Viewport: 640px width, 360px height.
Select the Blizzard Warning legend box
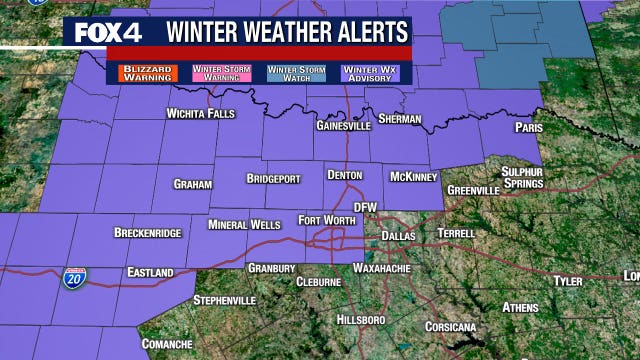[x=147, y=73]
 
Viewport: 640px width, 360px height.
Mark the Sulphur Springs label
[x=522, y=177]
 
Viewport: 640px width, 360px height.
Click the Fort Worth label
[x=325, y=220]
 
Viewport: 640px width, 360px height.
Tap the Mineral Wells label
[x=244, y=225]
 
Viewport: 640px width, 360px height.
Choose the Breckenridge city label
[x=147, y=233]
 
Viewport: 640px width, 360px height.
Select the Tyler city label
[x=568, y=281]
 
